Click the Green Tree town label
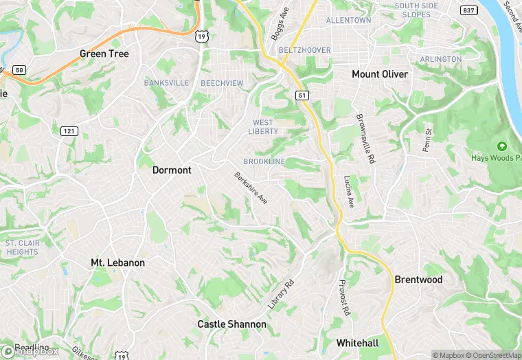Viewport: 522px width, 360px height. click(x=104, y=54)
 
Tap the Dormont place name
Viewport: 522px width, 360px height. click(x=172, y=170)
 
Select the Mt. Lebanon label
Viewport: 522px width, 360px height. click(x=118, y=262)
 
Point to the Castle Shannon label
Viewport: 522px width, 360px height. click(x=231, y=324)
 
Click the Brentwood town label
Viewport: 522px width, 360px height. click(x=418, y=280)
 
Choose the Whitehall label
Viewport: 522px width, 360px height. click(x=357, y=343)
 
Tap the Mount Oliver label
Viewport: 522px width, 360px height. click(x=379, y=74)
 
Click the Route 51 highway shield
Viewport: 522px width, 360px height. click(x=302, y=95)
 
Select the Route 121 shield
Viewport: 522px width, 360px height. click(x=69, y=131)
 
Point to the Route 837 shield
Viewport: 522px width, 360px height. click(x=469, y=10)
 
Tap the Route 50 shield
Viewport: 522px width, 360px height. click(x=19, y=70)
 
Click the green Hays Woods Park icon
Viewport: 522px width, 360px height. click(x=501, y=146)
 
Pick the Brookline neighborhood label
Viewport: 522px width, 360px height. click(x=264, y=161)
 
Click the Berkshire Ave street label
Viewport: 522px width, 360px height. click(x=251, y=188)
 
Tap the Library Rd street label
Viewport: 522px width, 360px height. click(x=280, y=293)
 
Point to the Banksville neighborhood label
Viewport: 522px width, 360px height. click(x=166, y=83)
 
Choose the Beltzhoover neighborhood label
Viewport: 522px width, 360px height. click(x=304, y=50)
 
